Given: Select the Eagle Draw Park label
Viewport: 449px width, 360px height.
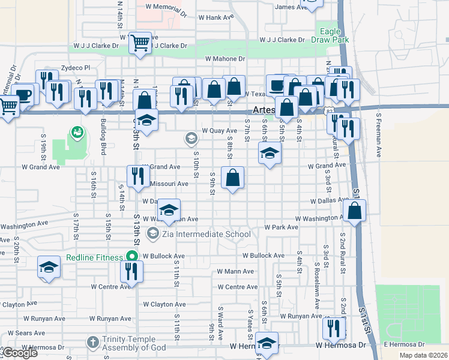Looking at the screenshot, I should pyautogui.click(x=330, y=35).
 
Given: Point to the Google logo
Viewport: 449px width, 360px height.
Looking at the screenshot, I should pyautogui.click(x=19, y=353).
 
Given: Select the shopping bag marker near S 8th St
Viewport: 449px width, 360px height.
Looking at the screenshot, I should pyautogui.click(x=232, y=178).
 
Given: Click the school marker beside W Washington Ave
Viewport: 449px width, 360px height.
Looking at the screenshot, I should pyautogui.click(x=169, y=210).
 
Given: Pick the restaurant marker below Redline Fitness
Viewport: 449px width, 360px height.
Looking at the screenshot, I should pyautogui.click(x=131, y=271).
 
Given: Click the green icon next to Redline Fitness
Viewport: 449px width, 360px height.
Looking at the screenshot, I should pyautogui.click(x=131, y=257).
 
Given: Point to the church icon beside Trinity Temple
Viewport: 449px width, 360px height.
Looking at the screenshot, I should pyautogui.click(x=92, y=343).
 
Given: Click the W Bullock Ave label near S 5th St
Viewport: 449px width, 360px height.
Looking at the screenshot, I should pyautogui.click(x=264, y=256).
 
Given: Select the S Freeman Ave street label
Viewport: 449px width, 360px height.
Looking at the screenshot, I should pyautogui.click(x=379, y=135).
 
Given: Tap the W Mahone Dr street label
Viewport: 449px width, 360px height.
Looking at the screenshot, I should pyautogui.click(x=225, y=59).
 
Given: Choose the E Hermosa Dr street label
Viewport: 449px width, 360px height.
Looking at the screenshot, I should pyautogui.click(x=404, y=344).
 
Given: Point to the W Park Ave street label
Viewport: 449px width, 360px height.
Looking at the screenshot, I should pyautogui.click(x=282, y=227).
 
